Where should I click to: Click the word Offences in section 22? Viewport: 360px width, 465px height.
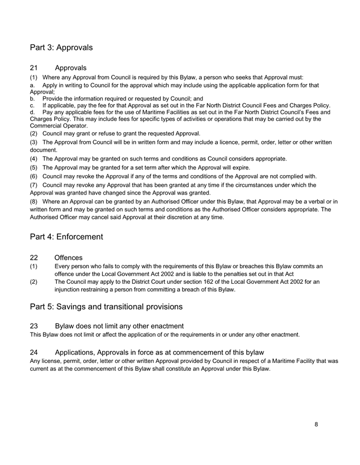point(69,258)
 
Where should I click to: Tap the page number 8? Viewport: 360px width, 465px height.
point(316,424)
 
